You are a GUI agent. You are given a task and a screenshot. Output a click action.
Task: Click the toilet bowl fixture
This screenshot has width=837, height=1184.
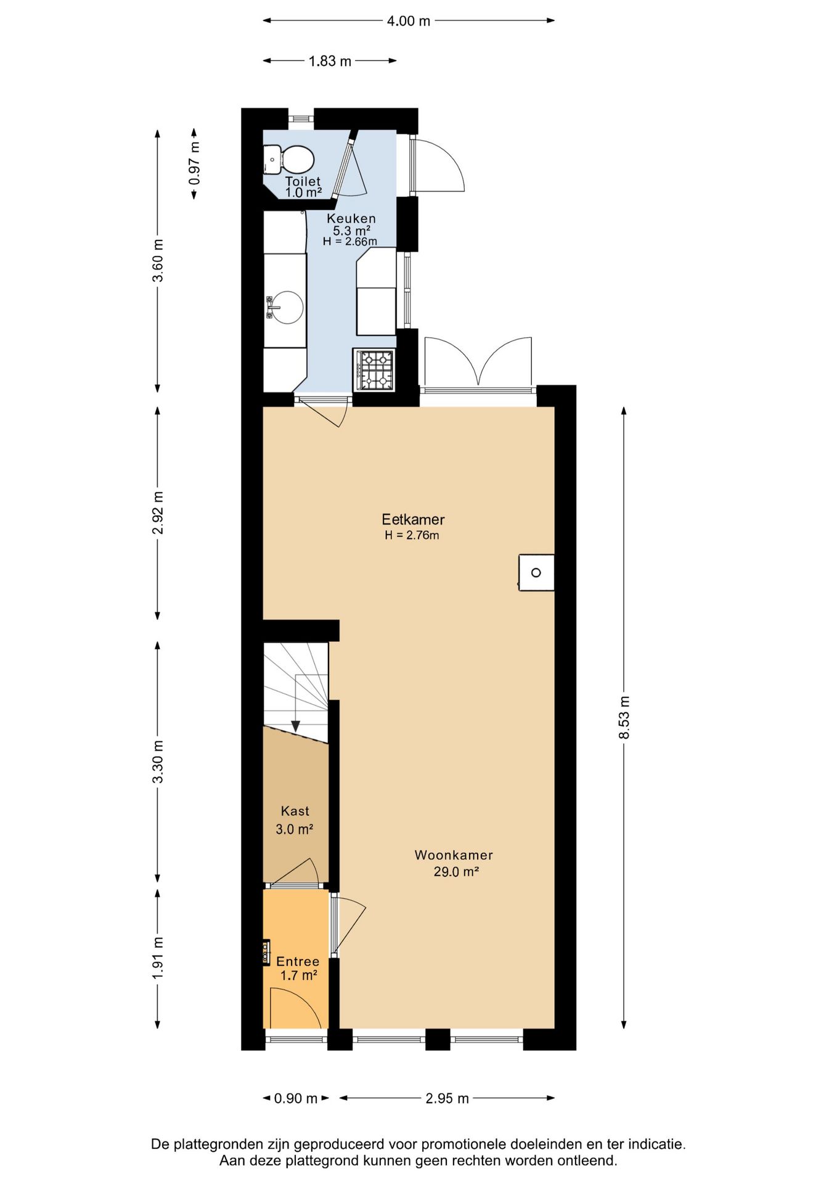pyautogui.click(x=288, y=160)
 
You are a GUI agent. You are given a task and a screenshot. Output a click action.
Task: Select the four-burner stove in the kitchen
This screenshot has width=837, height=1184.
pyautogui.click(x=375, y=369)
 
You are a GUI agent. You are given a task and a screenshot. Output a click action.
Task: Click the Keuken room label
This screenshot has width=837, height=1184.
pyautogui.click(x=351, y=218)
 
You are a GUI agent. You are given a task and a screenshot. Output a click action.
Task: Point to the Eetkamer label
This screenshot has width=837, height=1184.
pyautogui.click(x=413, y=519)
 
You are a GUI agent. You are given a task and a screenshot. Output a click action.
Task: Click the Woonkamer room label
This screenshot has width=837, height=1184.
pyautogui.click(x=454, y=855)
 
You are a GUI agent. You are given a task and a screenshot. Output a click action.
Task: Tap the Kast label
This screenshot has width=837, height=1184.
pyautogui.click(x=295, y=811)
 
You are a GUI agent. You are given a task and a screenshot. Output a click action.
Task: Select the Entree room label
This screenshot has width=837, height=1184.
pyautogui.click(x=298, y=961)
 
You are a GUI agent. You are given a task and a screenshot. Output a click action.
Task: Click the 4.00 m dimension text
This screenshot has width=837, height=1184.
pyautogui.click(x=409, y=21)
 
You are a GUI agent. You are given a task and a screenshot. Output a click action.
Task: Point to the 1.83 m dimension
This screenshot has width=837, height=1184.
pyautogui.click(x=330, y=61)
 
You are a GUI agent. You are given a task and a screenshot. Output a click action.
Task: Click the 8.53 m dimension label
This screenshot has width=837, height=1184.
pyautogui.click(x=624, y=717)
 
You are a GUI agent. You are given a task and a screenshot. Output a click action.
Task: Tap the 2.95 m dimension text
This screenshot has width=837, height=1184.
pyautogui.click(x=447, y=1098)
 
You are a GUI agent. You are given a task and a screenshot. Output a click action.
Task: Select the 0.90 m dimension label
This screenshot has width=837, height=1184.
pyautogui.click(x=296, y=1098)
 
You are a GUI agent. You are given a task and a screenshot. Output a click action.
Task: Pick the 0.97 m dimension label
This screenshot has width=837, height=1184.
pyautogui.click(x=195, y=163)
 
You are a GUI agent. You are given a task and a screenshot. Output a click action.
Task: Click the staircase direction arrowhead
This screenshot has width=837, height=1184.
pyautogui.click(x=296, y=726)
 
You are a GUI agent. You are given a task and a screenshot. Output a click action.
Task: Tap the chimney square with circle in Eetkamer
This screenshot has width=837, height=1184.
pyautogui.click(x=536, y=573)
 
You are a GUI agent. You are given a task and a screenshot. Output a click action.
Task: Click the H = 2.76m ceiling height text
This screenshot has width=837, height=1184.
pyautogui.click(x=412, y=535)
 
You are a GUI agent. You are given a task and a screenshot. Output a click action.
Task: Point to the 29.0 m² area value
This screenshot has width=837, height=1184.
pyautogui.click(x=456, y=872)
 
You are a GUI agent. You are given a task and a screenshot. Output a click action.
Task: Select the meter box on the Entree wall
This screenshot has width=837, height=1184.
pyautogui.click(x=266, y=952)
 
